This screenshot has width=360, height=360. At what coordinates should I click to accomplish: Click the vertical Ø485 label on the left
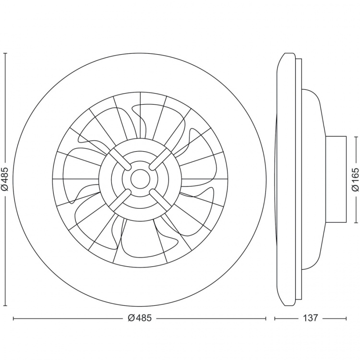click(5, 180)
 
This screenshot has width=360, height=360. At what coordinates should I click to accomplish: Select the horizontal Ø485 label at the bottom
click(140, 318)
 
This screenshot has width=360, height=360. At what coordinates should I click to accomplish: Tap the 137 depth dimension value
click(311, 318)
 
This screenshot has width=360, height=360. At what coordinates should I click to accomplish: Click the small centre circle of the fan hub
click(140, 180)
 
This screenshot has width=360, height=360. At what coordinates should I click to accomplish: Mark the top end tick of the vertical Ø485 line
click(5, 53)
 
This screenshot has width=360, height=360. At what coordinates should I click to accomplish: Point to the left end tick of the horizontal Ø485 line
click(13, 318)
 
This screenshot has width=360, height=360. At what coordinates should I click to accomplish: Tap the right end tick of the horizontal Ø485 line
click(266, 318)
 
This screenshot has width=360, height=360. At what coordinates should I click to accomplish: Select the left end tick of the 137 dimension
click(275, 318)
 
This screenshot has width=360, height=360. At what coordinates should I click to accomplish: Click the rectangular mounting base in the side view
click(336, 180)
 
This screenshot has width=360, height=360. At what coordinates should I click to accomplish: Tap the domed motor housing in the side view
click(312, 180)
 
